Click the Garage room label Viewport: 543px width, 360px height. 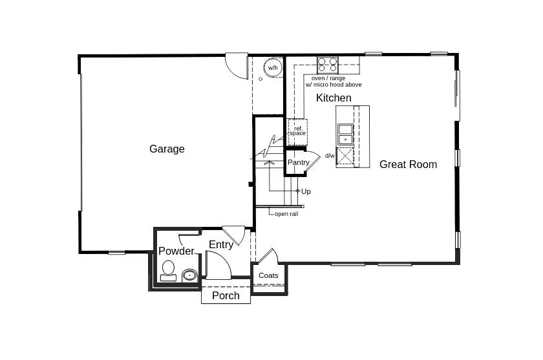[167, 149]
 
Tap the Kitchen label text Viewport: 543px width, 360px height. [334, 98]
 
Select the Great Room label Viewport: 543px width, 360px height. [408, 165]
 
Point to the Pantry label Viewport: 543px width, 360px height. [298, 162]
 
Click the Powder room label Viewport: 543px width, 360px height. [176, 251]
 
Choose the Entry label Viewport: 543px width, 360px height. [221, 245]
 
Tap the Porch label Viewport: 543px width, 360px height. [226, 296]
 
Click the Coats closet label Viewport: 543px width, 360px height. [268, 275]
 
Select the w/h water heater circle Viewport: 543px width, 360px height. [273, 68]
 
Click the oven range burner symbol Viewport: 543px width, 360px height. [328, 65]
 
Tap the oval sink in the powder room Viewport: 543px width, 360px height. [189, 275]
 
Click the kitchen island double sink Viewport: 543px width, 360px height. [345, 134]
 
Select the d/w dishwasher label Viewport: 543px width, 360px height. [330, 156]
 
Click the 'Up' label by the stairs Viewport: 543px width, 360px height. [306, 191]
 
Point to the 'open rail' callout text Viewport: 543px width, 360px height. [286, 214]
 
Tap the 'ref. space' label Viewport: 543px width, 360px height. [297, 131]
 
